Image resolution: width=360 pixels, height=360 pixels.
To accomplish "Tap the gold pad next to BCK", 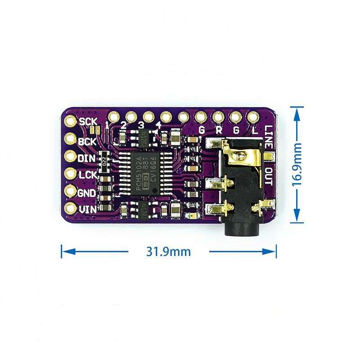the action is [71, 139].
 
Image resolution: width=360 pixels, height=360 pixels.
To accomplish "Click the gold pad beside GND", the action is [71, 191].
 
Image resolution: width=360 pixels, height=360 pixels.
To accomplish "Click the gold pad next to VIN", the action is [71, 208].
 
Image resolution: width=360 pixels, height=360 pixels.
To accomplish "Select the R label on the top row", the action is [218, 130].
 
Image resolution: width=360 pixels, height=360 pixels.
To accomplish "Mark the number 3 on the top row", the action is [141, 125].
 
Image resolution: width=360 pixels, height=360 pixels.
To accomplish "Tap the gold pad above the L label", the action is [252, 117].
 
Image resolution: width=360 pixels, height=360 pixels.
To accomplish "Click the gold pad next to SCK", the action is [71, 121].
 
